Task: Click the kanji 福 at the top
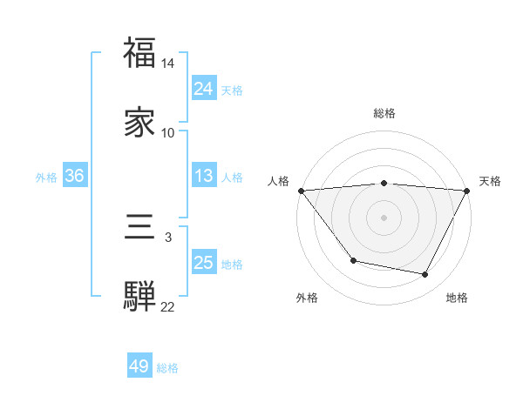(x=139, y=54)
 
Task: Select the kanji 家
(x=139, y=123)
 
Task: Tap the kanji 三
(x=139, y=228)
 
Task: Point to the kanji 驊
(x=139, y=297)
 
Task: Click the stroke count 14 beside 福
(x=168, y=64)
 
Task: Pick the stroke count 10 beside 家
(x=168, y=132)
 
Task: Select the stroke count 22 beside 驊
(x=168, y=306)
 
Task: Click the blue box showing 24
(x=203, y=89)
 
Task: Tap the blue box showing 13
(x=203, y=176)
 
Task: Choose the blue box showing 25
(x=203, y=263)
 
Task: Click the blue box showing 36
(x=74, y=176)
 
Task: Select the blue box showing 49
(x=139, y=366)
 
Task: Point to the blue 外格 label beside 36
(x=46, y=177)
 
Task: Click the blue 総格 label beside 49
(x=167, y=368)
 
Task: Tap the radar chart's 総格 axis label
(x=384, y=113)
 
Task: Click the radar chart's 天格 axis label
(x=491, y=181)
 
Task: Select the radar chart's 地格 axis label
(x=457, y=298)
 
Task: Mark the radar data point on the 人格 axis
(x=301, y=191)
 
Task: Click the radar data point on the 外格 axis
(x=353, y=260)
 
